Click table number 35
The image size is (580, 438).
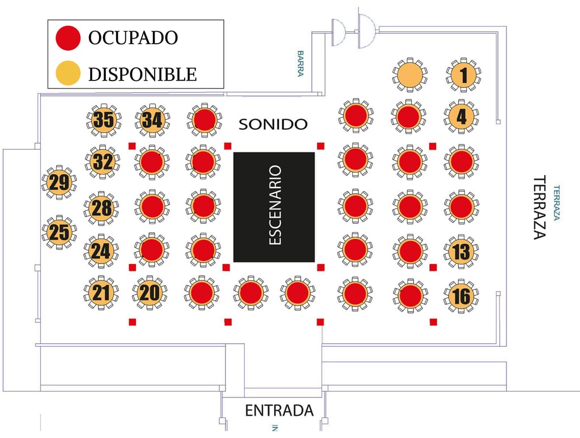104,120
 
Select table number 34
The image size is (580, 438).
152,120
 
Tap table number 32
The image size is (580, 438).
103,161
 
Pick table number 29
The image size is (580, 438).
59,182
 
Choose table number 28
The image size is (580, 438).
101,208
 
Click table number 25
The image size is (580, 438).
59,232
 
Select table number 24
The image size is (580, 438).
101,251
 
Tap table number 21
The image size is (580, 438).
101,292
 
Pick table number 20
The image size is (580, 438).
150,292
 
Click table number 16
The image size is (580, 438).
461,296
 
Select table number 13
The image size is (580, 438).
461,251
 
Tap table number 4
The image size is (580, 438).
461,116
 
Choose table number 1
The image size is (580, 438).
463,74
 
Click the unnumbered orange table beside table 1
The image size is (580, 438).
410,74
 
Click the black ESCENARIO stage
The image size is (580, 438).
274,207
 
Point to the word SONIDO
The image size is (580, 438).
273,124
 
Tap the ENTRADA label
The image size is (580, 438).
279,410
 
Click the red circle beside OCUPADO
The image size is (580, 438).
68,38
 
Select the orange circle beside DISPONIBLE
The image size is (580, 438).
68,73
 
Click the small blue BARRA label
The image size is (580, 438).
300,63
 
